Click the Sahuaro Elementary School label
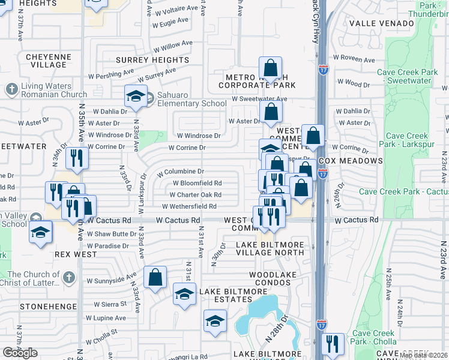188,99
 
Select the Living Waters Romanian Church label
54,90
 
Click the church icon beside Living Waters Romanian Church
11,90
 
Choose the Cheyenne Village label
46,61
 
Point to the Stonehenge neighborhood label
40,307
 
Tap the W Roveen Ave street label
354,60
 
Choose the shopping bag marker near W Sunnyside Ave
155,277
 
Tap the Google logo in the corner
20,353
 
